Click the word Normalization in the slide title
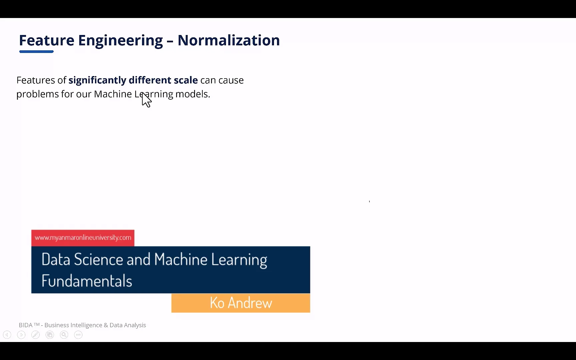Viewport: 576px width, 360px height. (x=228, y=40)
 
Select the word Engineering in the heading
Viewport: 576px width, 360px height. (x=120, y=40)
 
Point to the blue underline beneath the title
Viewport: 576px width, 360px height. (x=36, y=52)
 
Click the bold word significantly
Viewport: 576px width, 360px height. (x=97, y=80)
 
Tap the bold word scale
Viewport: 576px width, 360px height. (x=186, y=80)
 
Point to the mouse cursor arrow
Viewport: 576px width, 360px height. (x=146, y=100)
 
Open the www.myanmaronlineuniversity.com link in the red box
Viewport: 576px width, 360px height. (x=83, y=238)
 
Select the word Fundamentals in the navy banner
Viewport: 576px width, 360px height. (x=87, y=281)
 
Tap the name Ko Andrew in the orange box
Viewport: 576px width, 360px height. (x=241, y=303)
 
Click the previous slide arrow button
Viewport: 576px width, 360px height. (x=7, y=335)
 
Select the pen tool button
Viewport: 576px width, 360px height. (x=35, y=335)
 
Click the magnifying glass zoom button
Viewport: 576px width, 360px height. (x=64, y=335)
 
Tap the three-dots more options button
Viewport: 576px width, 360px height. (x=78, y=335)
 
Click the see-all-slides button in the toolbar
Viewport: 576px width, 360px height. (x=50, y=335)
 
